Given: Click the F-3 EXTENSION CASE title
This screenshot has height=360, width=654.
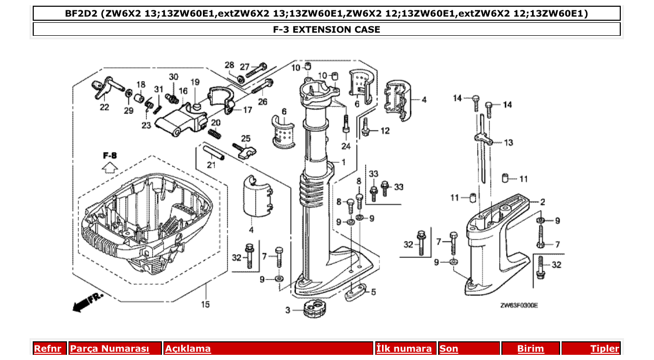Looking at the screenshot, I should pyautogui.click(x=326, y=30).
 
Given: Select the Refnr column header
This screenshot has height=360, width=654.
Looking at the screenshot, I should pyautogui.click(x=47, y=349).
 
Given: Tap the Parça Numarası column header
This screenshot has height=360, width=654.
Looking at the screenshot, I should pyautogui.click(x=110, y=349).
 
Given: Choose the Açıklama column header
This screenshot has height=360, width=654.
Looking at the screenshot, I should pyautogui.click(x=188, y=349).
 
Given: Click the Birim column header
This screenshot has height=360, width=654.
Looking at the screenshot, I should pyautogui.click(x=530, y=349).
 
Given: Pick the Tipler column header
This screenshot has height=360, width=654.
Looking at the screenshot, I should pyautogui.click(x=605, y=349).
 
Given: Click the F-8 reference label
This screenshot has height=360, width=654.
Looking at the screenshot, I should pyautogui.click(x=110, y=156).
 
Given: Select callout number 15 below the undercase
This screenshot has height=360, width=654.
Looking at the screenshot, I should pyautogui.click(x=206, y=304).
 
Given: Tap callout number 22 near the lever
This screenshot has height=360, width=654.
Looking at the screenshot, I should pyautogui.click(x=105, y=107).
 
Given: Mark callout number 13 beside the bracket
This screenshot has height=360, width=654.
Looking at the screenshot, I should pyautogui.click(x=508, y=142).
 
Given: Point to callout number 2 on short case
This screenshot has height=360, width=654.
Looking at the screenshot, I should pyautogui.click(x=542, y=202).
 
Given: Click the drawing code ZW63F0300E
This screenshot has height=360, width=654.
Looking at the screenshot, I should pyautogui.click(x=519, y=306).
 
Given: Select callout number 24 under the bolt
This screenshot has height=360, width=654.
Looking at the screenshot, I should pyautogui.click(x=346, y=146).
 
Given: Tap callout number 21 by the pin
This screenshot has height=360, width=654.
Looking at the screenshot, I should pyautogui.click(x=211, y=165).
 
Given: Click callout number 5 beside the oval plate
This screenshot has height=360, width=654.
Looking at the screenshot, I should pyautogui.click(x=373, y=292).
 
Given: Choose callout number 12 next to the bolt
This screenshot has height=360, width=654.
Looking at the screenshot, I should pyautogui.click(x=385, y=131).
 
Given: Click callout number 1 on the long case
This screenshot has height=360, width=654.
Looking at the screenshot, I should pyautogui.click(x=343, y=162).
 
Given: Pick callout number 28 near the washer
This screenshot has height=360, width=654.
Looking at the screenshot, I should pyautogui.click(x=229, y=65).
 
